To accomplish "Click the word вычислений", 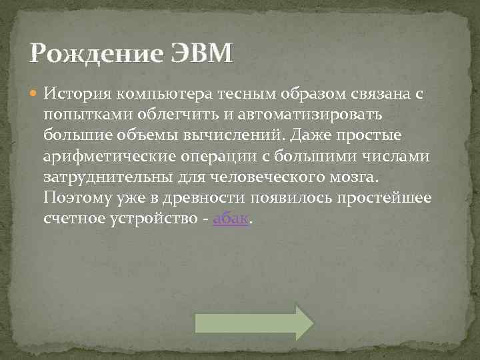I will point(232,135).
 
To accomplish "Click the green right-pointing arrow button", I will point(253,323).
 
